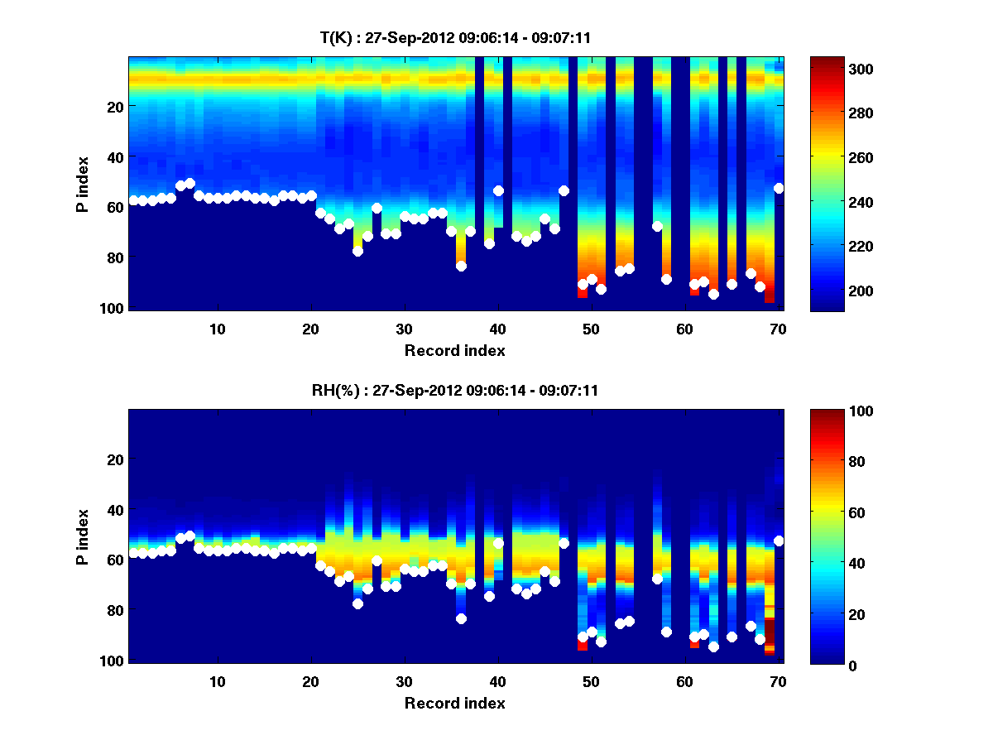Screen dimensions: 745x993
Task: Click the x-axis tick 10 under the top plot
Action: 217,329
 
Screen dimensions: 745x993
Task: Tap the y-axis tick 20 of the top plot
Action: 114,107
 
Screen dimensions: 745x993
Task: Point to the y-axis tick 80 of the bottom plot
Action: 114,611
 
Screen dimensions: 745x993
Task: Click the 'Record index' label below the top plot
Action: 454,350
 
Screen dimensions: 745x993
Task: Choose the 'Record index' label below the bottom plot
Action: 454,703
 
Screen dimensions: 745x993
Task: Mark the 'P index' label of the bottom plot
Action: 83,536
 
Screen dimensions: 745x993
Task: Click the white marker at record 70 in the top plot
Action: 779,188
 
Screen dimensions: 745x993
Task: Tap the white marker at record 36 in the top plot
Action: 461,266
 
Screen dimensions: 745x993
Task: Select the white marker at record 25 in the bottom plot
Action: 357,603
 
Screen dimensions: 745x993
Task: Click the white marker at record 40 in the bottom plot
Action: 498,543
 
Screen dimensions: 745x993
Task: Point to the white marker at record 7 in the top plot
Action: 189,183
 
